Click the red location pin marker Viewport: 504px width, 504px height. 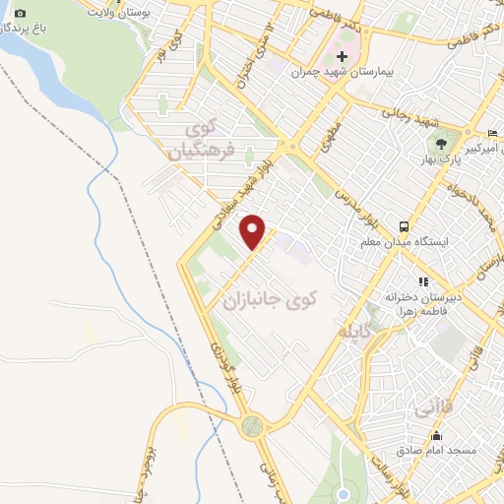click(254, 230)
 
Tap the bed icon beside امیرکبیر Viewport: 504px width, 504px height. click(493, 133)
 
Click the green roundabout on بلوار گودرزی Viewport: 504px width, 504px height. click(253, 425)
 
